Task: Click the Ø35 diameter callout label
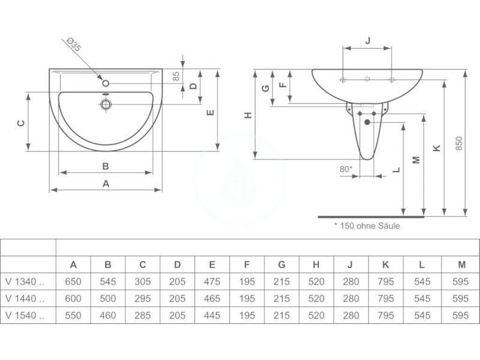74,44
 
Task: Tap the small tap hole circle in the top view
106,83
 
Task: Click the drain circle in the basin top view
106,104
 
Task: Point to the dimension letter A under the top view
106,184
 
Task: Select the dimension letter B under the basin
106,166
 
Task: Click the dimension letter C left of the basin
21,123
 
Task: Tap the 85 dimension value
176,76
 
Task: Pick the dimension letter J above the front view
368,41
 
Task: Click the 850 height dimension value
459,143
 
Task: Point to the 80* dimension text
346,169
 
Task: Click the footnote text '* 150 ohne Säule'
367,226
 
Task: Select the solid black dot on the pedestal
367,122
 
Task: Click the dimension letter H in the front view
248,115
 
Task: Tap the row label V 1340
25,281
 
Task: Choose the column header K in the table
386,265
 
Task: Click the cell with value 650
73,281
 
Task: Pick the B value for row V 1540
108,316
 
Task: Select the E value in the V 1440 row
212,298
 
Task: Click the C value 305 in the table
143,281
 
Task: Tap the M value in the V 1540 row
460,316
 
